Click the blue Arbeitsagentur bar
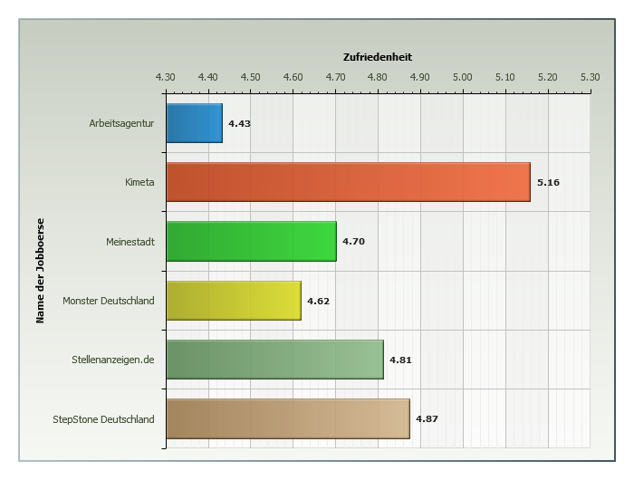click(194, 123)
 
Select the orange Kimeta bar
click(348, 182)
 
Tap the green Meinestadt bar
click(251, 241)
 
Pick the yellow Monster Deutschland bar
click(234, 301)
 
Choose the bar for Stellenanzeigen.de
click(274, 360)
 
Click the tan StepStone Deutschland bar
click(287, 418)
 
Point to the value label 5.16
click(548, 183)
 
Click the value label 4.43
click(239, 123)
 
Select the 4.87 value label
click(427, 419)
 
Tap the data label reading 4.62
click(318, 301)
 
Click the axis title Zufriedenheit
click(378, 57)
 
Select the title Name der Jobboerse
click(40, 270)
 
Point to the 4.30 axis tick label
click(165, 77)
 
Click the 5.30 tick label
click(590, 77)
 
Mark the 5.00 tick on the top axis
click(462, 77)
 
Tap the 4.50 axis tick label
click(250, 77)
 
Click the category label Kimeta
click(139, 182)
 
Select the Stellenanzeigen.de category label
click(113, 360)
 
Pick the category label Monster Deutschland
click(109, 301)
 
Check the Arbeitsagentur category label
click(121, 123)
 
